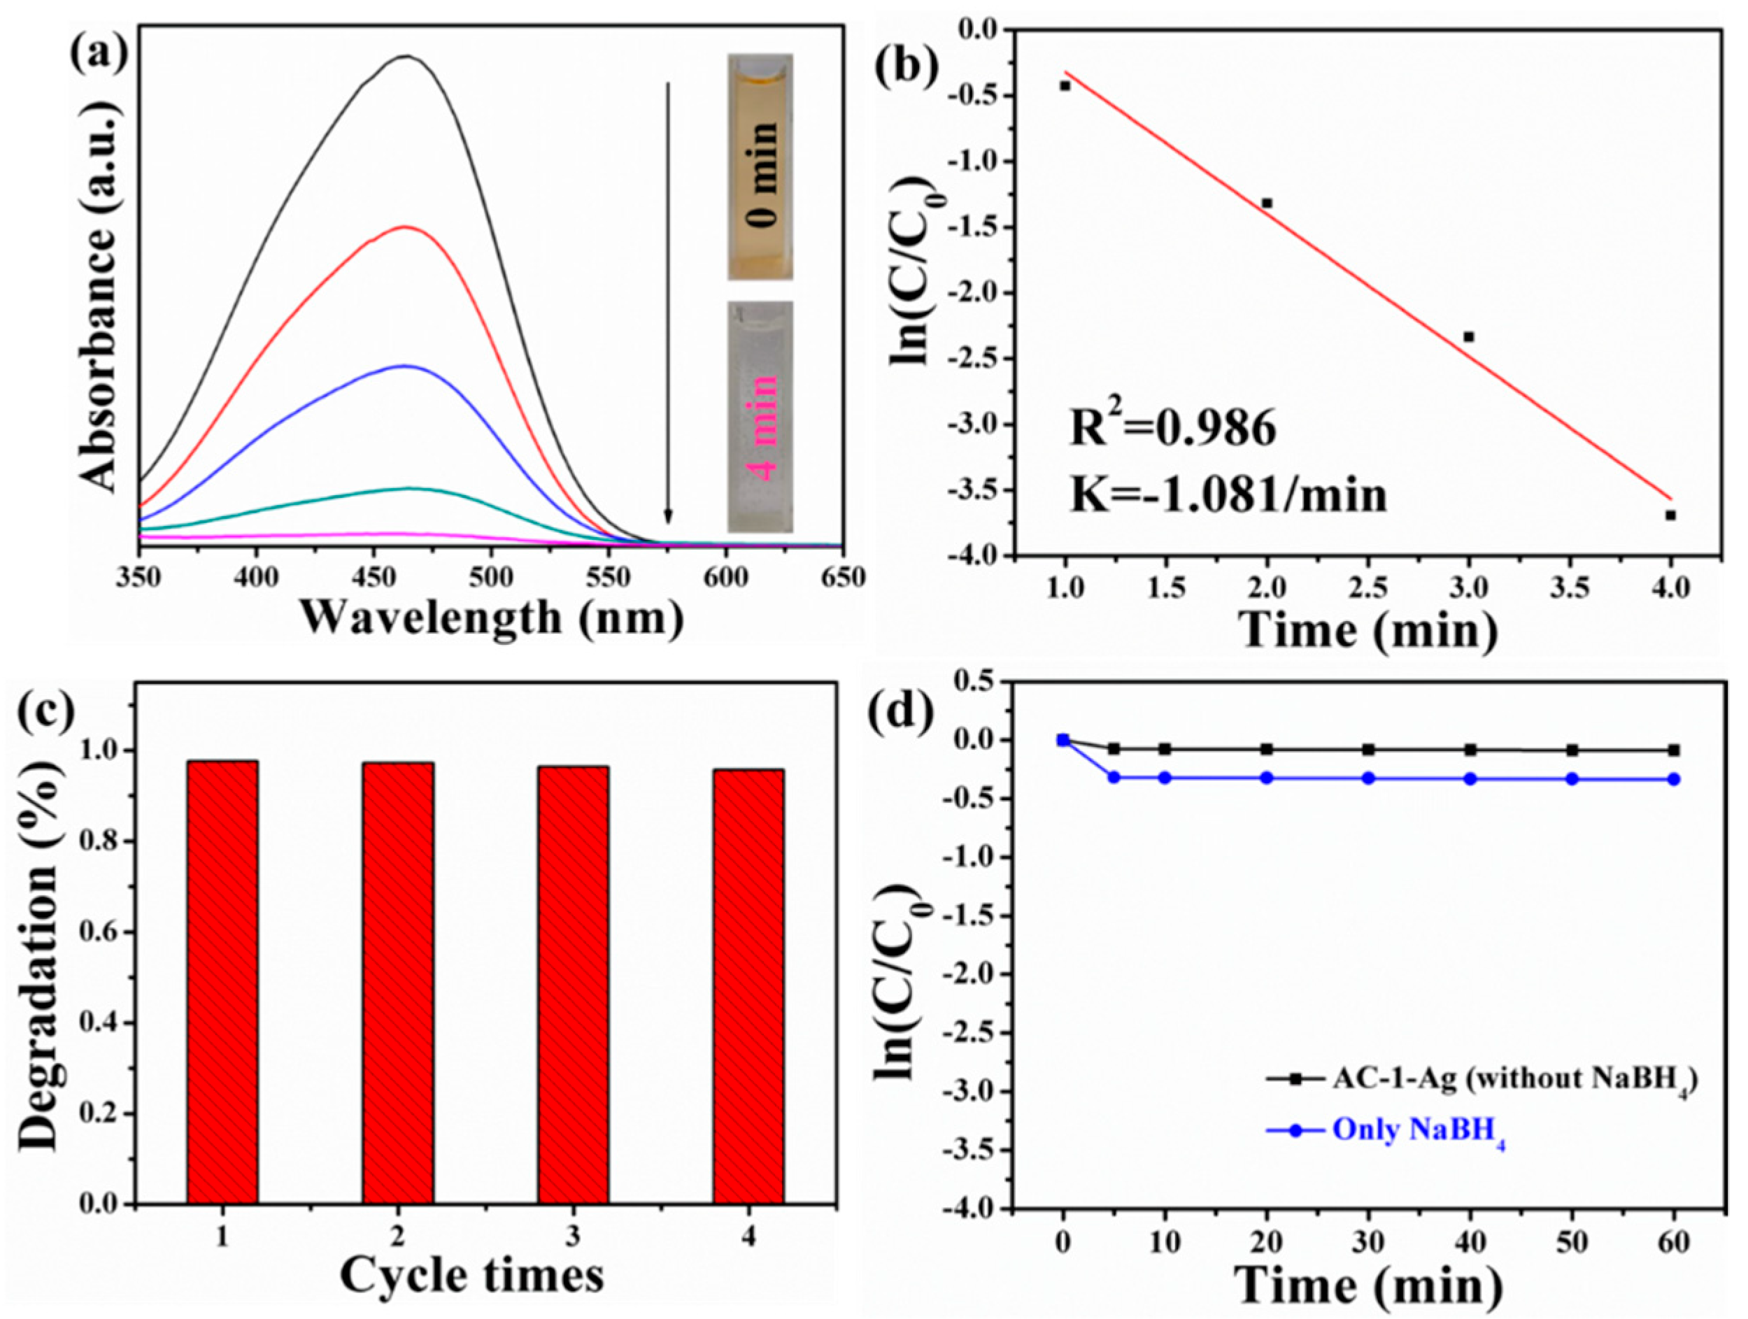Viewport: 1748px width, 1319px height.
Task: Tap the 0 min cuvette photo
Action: [760, 166]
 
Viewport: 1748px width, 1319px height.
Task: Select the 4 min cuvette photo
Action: [760, 417]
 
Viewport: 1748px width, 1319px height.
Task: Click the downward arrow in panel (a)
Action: [668, 300]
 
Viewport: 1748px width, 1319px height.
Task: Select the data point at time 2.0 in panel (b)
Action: [1267, 203]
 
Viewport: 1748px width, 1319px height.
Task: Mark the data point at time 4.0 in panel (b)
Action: [1670, 515]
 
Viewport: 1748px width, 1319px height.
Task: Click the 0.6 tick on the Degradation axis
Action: [98, 932]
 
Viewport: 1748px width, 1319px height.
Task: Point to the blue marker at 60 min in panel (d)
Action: [1673, 779]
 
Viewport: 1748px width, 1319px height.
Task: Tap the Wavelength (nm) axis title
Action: [491, 619]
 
